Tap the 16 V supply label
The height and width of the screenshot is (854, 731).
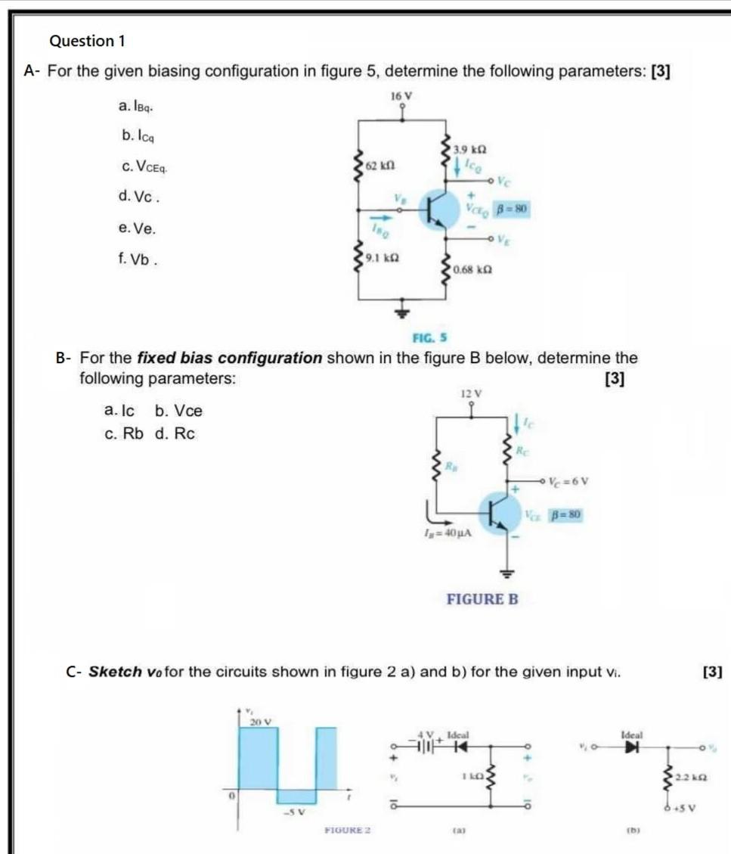click(401, 96)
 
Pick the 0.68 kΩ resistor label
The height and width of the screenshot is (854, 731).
click(474, 270)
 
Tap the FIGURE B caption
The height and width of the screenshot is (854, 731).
click(482, 599)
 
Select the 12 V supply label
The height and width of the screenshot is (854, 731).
click(471, 393)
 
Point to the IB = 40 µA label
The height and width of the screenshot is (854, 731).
click(448, 533)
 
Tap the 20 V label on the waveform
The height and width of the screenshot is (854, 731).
click(261, 722)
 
